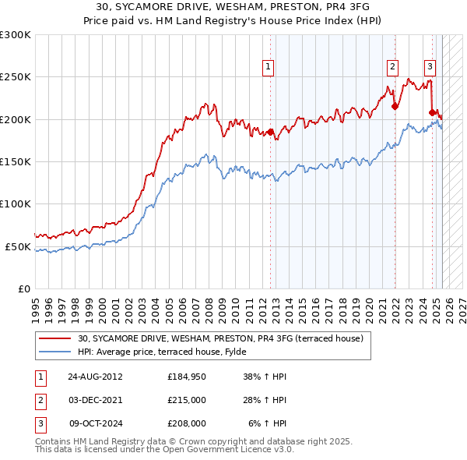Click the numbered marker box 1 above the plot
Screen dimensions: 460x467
268,67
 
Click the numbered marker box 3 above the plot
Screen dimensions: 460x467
430,67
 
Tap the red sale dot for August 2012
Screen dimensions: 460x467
271,132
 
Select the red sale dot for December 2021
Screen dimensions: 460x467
395,107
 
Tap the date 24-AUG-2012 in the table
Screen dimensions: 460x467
95,376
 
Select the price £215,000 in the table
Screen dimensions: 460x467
187,400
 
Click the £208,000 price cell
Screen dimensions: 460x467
187,423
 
